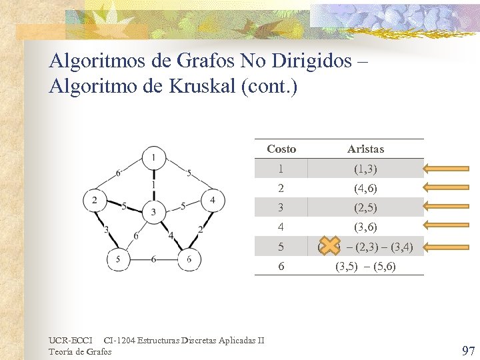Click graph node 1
click(x=154, y=157)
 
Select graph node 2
click(x=94, y=199)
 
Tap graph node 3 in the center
click(x=154, y=211)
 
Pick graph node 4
click(x=213, y=199)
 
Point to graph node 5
click(x=118, y=260)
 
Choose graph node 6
click(x=190, y=260)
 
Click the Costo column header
click(x=281, y=149)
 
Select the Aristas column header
click(x=365, y=149)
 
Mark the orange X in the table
click(x=329, y=247)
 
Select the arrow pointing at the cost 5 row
click(x=449, y=247)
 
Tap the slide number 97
click(x=469, y=351)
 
